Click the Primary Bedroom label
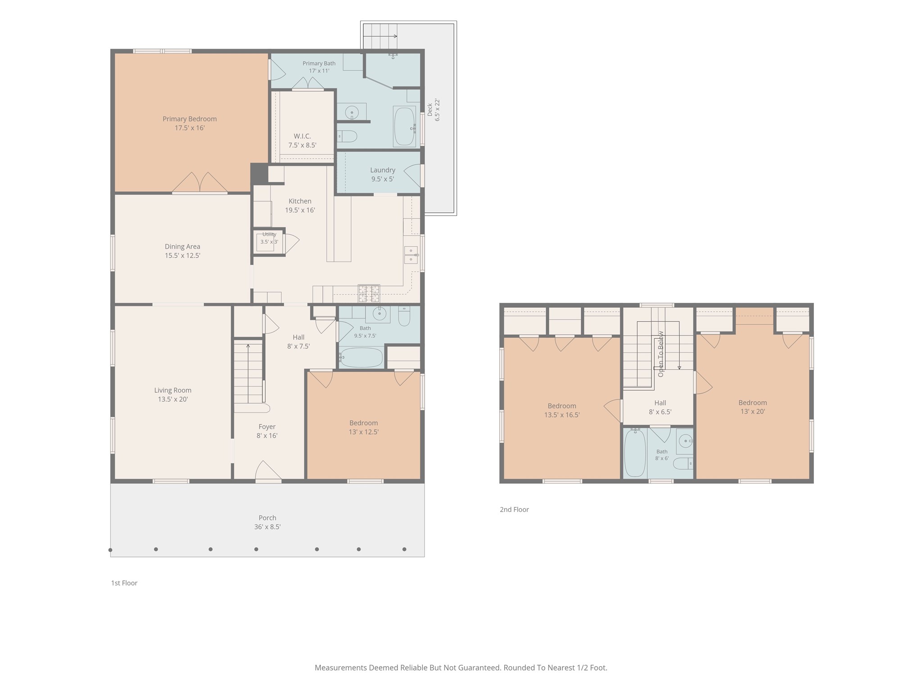click(x=190, y=119)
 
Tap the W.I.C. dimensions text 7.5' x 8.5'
click(x=302, y=145)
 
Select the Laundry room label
click(x=383, y=170)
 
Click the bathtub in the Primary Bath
click(x=404, y=126)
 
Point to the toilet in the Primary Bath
click(x=347, y=136)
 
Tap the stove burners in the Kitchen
click(x=369, y=294)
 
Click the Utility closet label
click(x=269, y=234)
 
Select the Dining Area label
click(x=182, y=247)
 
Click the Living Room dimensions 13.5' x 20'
click(x=173, y=399)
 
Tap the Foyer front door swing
click(x=268, y=470)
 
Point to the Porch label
click(x=267, y=518)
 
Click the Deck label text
click(x=430, y=110)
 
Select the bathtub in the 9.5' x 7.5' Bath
click(x=361, y=358)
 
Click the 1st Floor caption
click(x=124, y=583)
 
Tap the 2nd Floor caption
click(x=514, y=510)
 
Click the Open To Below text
click(x=661, y=354)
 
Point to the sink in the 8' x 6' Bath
click(x=685, y=441)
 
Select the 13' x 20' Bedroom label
click(x=753, y=403)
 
